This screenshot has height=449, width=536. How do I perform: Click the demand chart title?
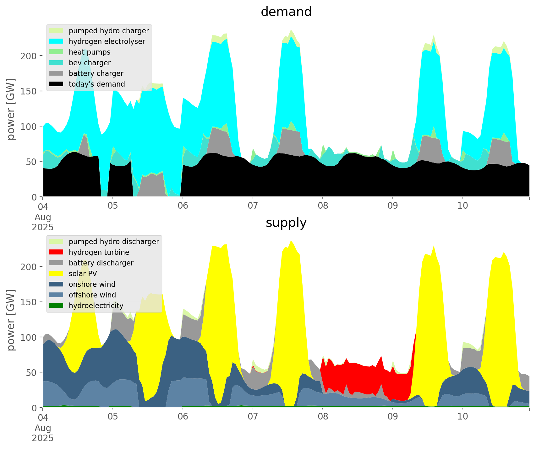[x=286, y=12]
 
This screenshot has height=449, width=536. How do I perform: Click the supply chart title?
[x=286, y=223]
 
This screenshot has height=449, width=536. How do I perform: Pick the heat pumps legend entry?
[x=90, y=52]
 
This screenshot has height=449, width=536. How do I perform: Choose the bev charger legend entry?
[x=90, y=63]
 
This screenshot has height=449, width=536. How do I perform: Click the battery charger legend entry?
[x=96, y=73]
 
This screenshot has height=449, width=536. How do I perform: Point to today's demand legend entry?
[x=97, y=84]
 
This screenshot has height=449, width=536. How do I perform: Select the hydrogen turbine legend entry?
[x=99, y=252]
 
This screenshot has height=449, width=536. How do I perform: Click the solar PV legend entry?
[x=83, y=274]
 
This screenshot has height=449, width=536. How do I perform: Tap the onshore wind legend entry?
[x=92, y=284]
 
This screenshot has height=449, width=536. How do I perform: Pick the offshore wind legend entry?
[x=92, y=295]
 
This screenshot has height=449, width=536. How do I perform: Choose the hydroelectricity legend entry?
[x=96, y=306]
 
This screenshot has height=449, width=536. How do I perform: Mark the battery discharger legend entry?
[x=101, y=263]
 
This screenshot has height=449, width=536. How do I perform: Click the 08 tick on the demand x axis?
[x=323, y=206]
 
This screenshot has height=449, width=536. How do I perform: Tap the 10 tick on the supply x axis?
[x=462, y=417]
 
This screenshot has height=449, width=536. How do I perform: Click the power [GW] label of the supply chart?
[x=11, y=320]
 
